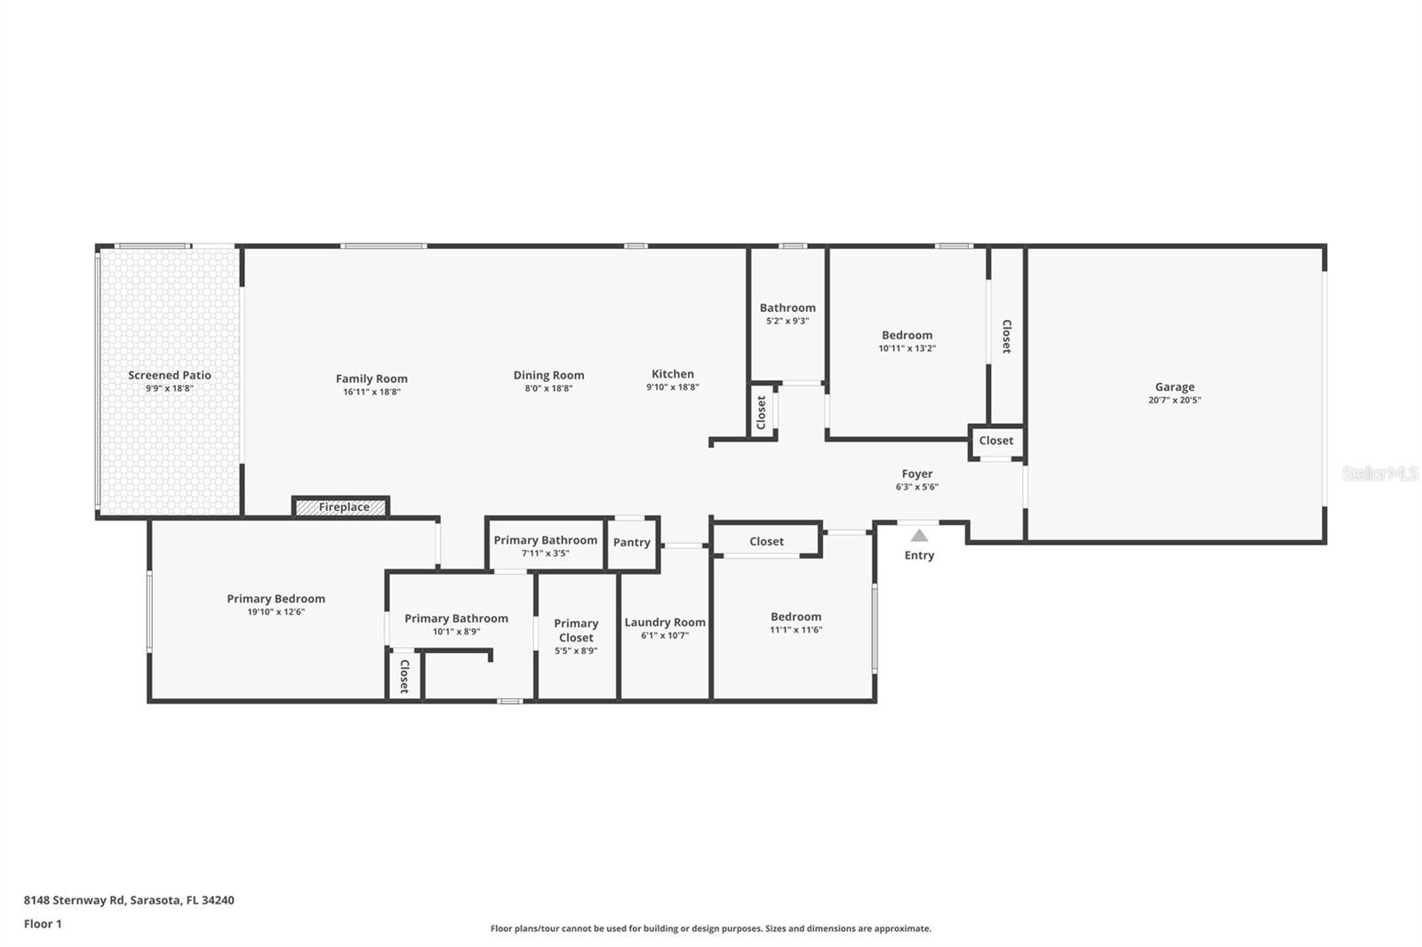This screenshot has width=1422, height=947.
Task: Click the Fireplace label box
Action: pos(341,506)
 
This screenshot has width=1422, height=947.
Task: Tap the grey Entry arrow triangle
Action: pos(919,536)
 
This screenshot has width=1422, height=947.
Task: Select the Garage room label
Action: pos(1174,386)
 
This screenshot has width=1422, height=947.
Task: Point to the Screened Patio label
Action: pos(170,375)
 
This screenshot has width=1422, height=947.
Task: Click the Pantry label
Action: pos(632,542)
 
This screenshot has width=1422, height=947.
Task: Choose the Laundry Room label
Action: pos(665,622)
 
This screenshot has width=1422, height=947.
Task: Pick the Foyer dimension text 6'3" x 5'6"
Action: pos(916,487)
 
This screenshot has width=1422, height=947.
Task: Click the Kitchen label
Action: pos(672,374)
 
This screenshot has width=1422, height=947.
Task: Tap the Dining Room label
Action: pos(548,375)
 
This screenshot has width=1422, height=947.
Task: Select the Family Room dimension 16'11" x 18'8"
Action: pos(371,392)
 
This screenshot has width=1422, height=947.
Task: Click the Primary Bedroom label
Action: pos(276,599)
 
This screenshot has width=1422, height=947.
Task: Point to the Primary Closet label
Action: pos(576,630)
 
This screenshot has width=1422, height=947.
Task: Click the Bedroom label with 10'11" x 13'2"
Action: pos(907,335)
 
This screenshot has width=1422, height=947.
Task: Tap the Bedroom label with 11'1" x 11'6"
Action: pos(795,617)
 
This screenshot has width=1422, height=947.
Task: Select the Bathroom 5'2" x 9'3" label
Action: pos(787,308)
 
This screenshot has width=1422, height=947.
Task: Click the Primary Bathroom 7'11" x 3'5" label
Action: pos(546,540)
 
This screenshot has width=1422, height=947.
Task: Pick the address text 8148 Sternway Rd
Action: pos(75,900)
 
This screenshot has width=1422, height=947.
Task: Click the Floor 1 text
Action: pos(43,924)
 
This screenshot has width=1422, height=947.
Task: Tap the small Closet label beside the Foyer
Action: pos(995,441)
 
